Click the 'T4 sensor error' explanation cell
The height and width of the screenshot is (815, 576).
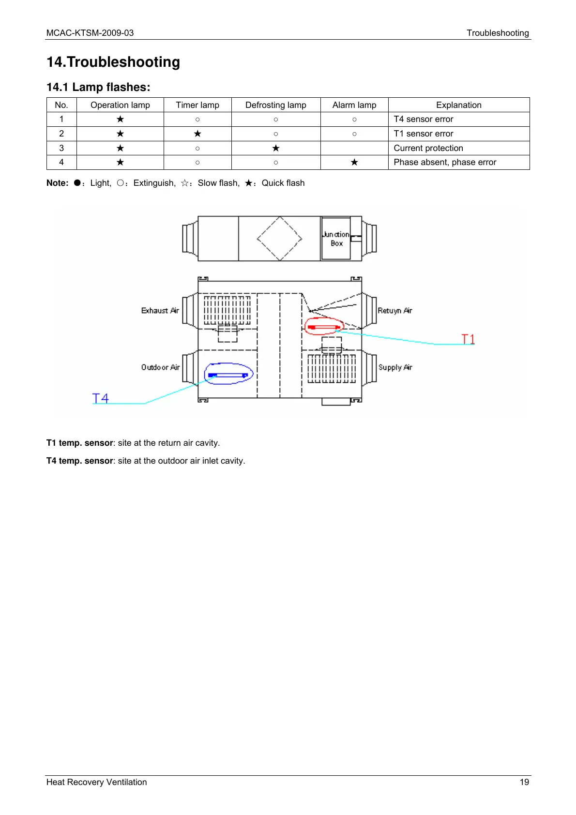423,119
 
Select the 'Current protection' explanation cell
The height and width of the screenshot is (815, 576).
428,148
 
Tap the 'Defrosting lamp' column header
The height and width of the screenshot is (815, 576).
275,105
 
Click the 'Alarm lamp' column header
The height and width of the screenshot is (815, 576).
354,105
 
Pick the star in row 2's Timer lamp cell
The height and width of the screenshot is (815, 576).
197,134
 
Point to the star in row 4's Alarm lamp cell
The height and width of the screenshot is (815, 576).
354,163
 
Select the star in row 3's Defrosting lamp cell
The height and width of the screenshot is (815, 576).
276,148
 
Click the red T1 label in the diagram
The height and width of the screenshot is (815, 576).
468,339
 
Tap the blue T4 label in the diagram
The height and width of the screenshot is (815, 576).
101,398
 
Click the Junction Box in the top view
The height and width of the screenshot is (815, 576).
336,239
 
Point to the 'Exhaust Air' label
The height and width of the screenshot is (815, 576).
160,311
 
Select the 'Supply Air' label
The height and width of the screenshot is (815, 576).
395,367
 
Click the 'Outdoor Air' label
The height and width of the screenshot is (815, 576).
160,367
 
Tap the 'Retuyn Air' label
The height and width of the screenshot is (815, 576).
394,311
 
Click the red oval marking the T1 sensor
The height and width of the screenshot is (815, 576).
324,327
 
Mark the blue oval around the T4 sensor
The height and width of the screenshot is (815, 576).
228,374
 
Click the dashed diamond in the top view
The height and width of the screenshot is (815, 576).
279,238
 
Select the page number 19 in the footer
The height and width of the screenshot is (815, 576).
524,782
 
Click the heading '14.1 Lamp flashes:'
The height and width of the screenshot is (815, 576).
98,87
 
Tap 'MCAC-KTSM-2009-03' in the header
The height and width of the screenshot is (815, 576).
90,33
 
